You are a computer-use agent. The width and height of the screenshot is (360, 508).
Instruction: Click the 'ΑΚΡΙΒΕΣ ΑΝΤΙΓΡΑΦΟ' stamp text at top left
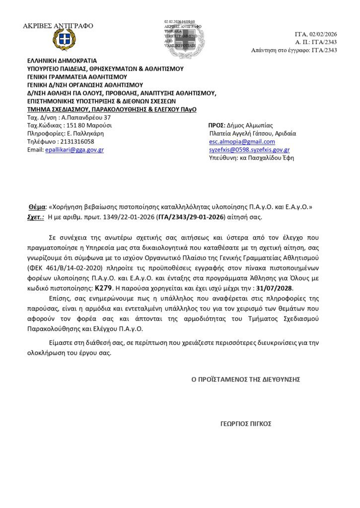pyautogui.click(x=58, y=26)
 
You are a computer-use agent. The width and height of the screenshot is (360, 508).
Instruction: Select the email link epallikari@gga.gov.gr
pyautogui.click(x=74, y=150)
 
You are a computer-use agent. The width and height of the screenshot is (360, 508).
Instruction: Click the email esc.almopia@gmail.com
pyautogui.click(x=235, y=141)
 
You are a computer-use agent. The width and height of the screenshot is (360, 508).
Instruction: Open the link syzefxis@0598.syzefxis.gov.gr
pyautogui.click(x=249, y=150)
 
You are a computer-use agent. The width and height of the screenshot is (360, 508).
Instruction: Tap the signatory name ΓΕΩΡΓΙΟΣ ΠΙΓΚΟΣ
pyautogui.click(x=246, y=424)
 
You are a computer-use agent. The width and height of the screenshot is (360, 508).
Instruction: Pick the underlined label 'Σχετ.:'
pyautogui.click(x=35, y=217)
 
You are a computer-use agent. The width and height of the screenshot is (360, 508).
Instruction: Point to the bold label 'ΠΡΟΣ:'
pyautogui.click(x=217, y=125)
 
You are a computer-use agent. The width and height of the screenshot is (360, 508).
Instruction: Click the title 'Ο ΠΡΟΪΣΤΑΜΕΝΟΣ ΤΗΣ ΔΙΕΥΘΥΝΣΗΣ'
pyautogui.click(x=246, y=379)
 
